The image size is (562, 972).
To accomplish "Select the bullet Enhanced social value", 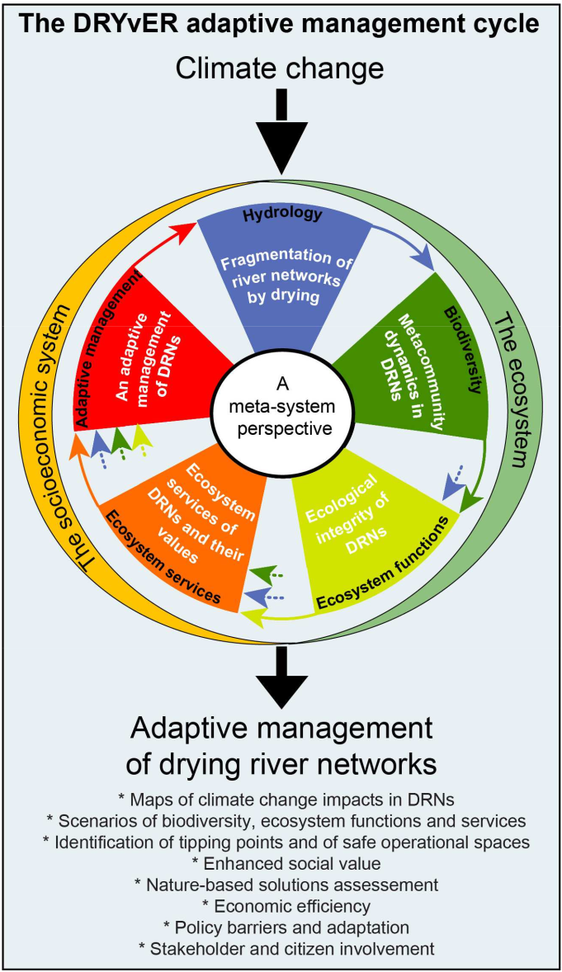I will tap(281, 863).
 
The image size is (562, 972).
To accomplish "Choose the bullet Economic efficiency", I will tap(281, 905).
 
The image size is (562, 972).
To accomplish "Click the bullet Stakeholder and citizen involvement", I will tap(281, 947).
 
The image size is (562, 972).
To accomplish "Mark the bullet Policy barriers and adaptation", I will tap(281, 926).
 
